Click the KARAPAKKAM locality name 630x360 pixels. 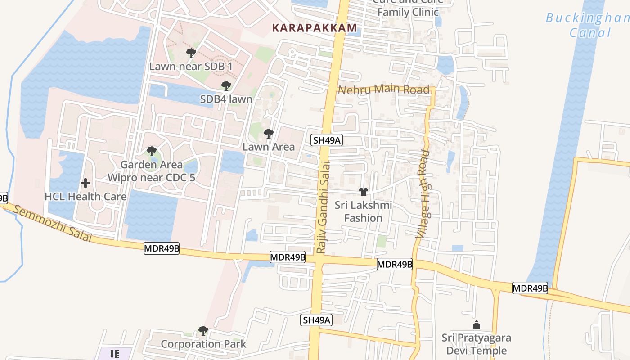click(x=315, y=28)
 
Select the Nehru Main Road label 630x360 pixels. click(x=383, y=89)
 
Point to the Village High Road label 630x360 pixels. click(x=423, y=194)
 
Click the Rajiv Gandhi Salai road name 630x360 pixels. click(x=323, y=207)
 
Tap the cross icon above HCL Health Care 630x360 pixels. click(x=85, y=183)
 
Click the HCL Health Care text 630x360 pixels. click(x=85, y=197)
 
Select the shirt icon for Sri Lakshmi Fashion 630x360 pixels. click(x=364, y=192)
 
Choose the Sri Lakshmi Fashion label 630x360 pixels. click(x=364, y=211)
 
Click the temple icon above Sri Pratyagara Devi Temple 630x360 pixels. click(x=477, y=324)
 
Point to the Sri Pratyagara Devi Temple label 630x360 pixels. click(x=477, y=344)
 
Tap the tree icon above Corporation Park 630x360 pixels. click(x=203, y=331)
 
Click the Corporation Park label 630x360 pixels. click(x=203, y=344)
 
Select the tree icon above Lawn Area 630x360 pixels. click(x=269, y=134)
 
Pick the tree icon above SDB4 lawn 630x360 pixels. click(x=226, y=85)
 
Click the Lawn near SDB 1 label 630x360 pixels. click(x=191, y=67)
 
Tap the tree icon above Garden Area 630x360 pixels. click(x=152, y=151)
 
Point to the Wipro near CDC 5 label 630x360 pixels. click(x=151, y=177)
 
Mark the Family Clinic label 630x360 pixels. click(x=408, y=12)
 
